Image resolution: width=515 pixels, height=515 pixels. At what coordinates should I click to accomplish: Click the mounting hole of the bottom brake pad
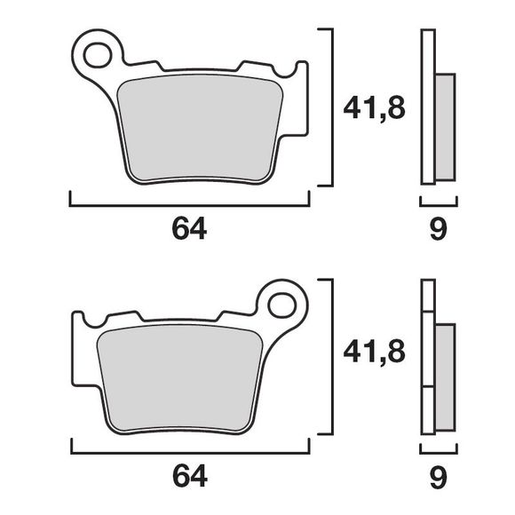coord(283,304)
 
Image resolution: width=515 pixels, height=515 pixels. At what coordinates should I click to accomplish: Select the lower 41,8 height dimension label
coord(374,353)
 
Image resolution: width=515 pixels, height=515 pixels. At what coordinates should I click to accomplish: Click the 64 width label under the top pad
coord(189,229)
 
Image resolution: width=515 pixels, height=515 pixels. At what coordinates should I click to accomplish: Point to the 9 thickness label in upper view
coord(438,229)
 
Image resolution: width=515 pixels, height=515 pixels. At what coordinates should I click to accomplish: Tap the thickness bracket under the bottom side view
coord(438,450)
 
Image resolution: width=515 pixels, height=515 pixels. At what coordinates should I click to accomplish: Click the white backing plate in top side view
coord(428,107)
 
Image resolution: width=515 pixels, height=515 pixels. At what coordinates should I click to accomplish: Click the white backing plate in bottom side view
coord(427,355)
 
